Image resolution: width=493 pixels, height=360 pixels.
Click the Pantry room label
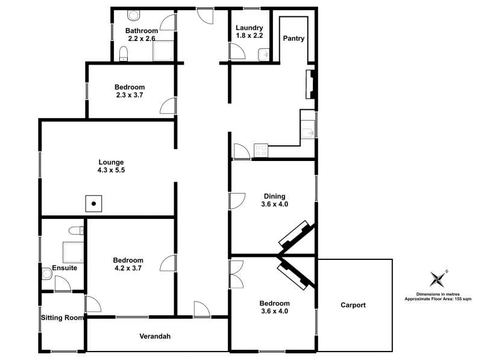click(294, 39)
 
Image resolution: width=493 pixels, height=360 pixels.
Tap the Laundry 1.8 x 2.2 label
click(248, 32)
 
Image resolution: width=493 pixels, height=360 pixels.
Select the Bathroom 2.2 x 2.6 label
click(142, 34)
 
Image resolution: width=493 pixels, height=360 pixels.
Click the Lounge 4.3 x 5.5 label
click(111, 166)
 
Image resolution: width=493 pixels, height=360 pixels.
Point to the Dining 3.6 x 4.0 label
click(274, 200)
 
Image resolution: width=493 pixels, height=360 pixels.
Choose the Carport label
click(353, 305)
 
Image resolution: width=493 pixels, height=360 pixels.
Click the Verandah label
click(155, 336)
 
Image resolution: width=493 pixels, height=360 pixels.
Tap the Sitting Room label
click(62, 317)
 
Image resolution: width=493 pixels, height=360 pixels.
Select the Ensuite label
click(64, 268)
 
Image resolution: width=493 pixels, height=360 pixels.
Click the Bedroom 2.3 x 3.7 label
click(130, 91)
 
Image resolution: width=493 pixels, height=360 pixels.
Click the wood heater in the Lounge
click(93, 203)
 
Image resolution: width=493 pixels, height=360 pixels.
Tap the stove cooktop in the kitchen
click(261, 150)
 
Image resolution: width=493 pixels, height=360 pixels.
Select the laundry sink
click(263, 55)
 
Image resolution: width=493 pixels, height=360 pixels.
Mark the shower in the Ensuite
click(72, 250)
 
